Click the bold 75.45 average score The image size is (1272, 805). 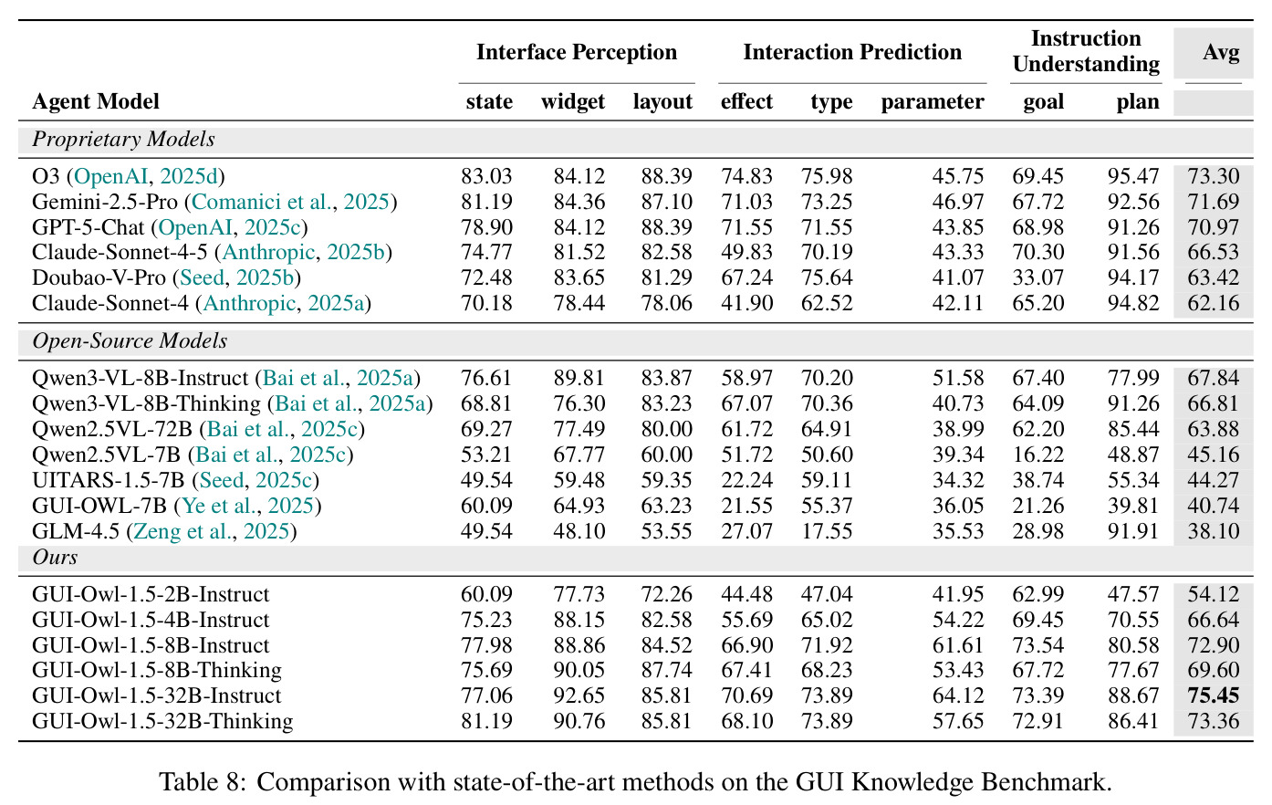click(1213, 695)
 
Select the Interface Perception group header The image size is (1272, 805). click(577, 52)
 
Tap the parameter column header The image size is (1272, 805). click(933, 101)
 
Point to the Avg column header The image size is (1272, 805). click(1221, 52)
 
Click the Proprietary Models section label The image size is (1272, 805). click(123, 139)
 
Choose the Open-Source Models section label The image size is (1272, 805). click(130, 340)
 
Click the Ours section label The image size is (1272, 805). click(55, 558)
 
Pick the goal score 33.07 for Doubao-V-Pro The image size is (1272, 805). click(1038, 277)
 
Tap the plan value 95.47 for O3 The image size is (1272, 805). click(1133, 176)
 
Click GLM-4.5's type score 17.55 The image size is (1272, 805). click(827, 531)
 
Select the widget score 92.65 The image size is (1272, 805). click(579, 695)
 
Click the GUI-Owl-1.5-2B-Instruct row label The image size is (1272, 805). click(151, 594)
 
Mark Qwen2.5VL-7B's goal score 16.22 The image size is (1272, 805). click(1038, 455)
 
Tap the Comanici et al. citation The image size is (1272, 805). click(262, 202)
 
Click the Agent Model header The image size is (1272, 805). click(96, 101)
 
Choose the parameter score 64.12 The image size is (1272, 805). click(958, 695)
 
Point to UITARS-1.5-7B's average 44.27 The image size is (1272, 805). click(1213, 480)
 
